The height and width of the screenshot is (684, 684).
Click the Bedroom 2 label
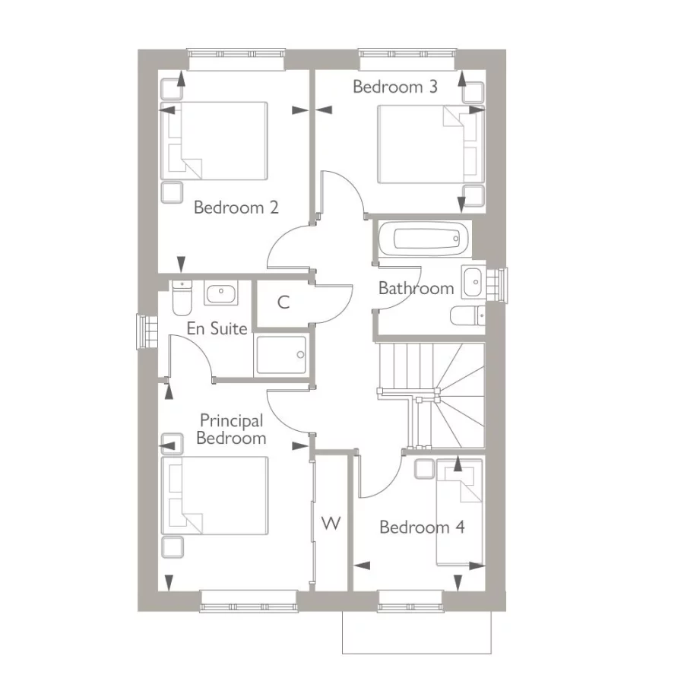pos(236,207)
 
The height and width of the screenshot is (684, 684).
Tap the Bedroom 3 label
pos(395,87)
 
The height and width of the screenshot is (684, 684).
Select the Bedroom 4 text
pos(422,527)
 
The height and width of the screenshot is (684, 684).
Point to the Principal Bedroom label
pos(232,429)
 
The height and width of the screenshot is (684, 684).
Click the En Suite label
pos(217,329)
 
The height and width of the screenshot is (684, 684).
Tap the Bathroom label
pos(416,289)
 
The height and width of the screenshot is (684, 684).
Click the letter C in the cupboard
pos(283,303)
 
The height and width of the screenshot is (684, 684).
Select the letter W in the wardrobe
pos(331,523)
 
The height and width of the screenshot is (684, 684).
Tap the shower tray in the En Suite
pos(282,355)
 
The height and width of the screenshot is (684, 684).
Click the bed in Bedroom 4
pos(459,513)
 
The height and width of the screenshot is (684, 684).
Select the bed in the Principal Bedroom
pos(215,495)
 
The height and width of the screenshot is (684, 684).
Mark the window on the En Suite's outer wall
pos(144,331)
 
